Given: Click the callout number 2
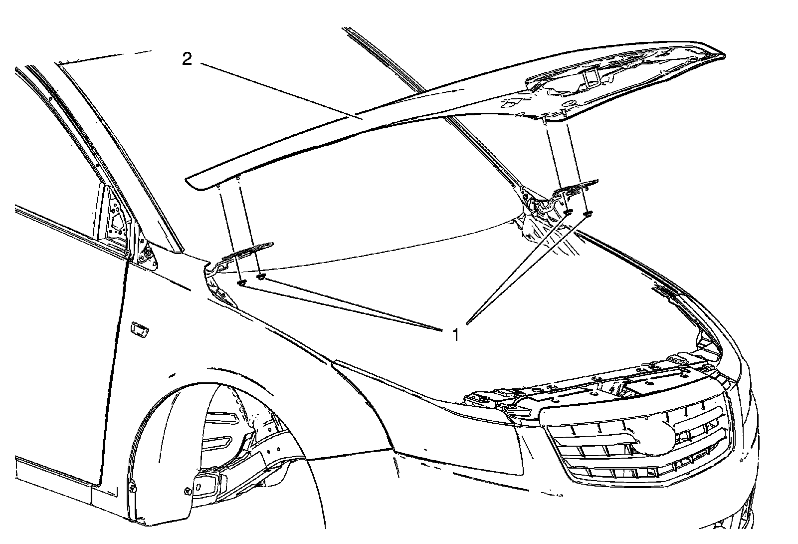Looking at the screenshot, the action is tap(187, 59).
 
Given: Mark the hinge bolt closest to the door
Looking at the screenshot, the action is tap(241, 283).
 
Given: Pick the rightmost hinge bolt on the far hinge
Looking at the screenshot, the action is tap(587, 214).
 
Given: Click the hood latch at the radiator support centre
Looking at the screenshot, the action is tap(618, 384).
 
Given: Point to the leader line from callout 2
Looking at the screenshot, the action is tap(279, 90).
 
